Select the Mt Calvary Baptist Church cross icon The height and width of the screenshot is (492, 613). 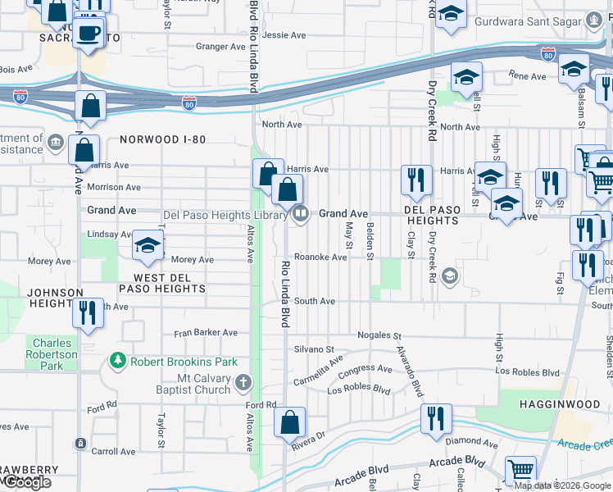(x=243, y=383)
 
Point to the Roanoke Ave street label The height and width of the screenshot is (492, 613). (x=320, y=257)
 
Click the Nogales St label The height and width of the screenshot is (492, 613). (x=379, y=336)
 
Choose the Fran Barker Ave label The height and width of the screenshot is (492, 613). (x=206, y=333)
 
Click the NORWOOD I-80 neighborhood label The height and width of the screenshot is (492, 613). (x=162, y=139)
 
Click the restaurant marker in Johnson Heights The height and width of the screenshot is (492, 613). (x=88, y=312)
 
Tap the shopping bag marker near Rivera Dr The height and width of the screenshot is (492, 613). (x=289, y=422)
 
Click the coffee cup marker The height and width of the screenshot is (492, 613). (x=89, y=34)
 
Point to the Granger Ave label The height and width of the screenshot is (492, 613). (x=216, y=47)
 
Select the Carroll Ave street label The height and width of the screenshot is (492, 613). (x=114, y=452)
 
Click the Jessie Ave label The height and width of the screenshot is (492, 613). (x=284, y=35)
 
